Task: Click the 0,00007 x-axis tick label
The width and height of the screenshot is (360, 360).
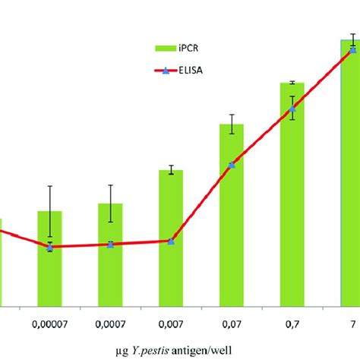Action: click(x=49, y=323)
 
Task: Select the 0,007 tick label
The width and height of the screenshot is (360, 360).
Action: click(x=171, y=323)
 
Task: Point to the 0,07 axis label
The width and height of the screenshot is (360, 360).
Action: click(x=232, y=323)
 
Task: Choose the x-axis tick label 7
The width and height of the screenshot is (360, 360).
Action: click(x=352, y=323)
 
